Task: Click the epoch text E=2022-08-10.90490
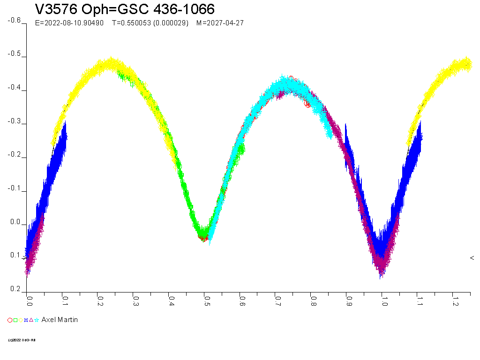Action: (x=69, y=23)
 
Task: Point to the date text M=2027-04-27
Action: (x=220, y=23)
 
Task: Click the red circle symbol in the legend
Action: (x=10, y=320)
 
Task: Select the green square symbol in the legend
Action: (x=15, y=320)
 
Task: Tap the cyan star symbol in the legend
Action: (x=37, y=320)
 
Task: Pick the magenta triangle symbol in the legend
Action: (x=31, y=320)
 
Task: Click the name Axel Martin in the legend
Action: (x=60, y=320)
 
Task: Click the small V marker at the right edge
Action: (x=472, y=258)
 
